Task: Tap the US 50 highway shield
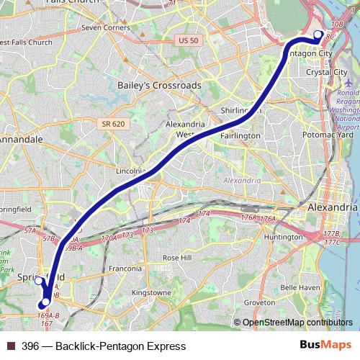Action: click(x=188, y=40)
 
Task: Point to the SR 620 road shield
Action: click(x=109, y=125)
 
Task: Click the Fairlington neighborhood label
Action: click(x=240, y=135)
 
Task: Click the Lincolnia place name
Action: click(x=130, y=172)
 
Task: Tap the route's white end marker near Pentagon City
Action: click(x=318, y=34)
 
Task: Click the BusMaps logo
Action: click(x=330, y=346)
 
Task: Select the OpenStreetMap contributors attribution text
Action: click(x=297, y=322)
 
